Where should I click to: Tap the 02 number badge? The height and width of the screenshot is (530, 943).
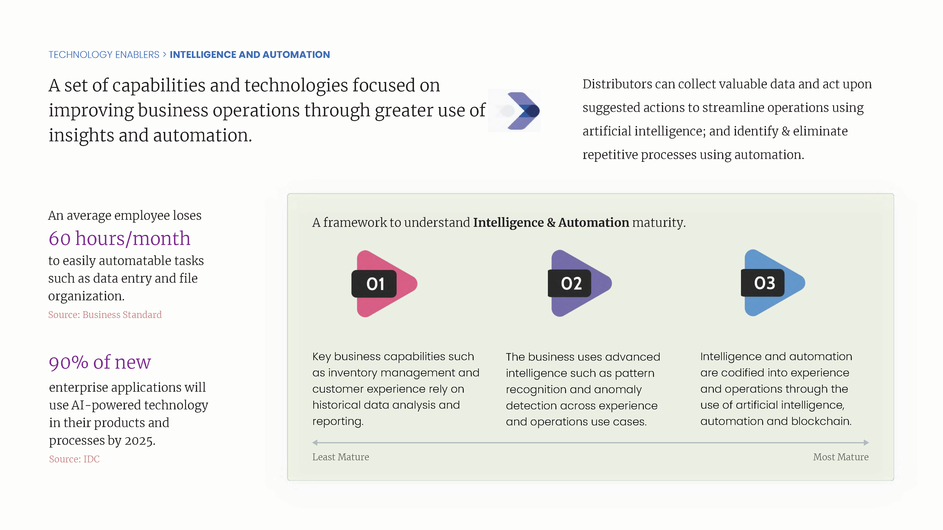pyautogui.click(x=570, y=283)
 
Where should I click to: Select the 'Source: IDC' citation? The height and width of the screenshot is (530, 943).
pyautogui.click(x=74, y=459)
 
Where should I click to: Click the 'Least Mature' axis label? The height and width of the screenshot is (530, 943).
pyautogui.click(x=340, y=457)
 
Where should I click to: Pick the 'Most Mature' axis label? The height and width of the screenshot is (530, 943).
pyautogui.click(x=841, y=457)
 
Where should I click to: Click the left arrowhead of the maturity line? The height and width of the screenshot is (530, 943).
pyautogui.click(x=315, y=443)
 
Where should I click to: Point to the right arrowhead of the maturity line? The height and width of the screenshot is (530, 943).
pyautogui.click(x=866, y=443)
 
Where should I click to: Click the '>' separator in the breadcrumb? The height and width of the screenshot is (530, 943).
pyautogui.click(x=165, y=54)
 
